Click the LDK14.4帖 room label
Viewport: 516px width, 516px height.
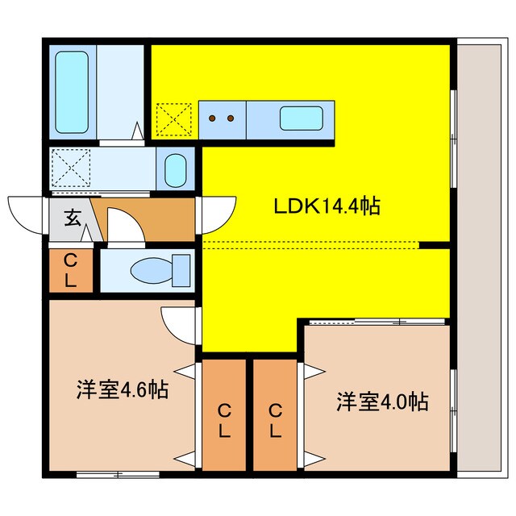pos(327,207)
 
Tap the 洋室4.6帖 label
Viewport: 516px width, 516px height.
pos(123,391)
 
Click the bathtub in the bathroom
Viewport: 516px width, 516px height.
pos(73,90)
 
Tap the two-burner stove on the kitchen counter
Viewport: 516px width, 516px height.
pos(221,119)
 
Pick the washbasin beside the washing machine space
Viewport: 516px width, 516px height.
pos(175,170)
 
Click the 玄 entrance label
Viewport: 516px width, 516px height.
pos(71,218)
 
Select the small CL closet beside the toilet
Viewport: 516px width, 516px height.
pos(70,270)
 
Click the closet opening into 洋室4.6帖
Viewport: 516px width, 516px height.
pos(223,415)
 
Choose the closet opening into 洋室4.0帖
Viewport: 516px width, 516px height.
pos(275,415)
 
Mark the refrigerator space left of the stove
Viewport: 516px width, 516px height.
pos(174,119)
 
